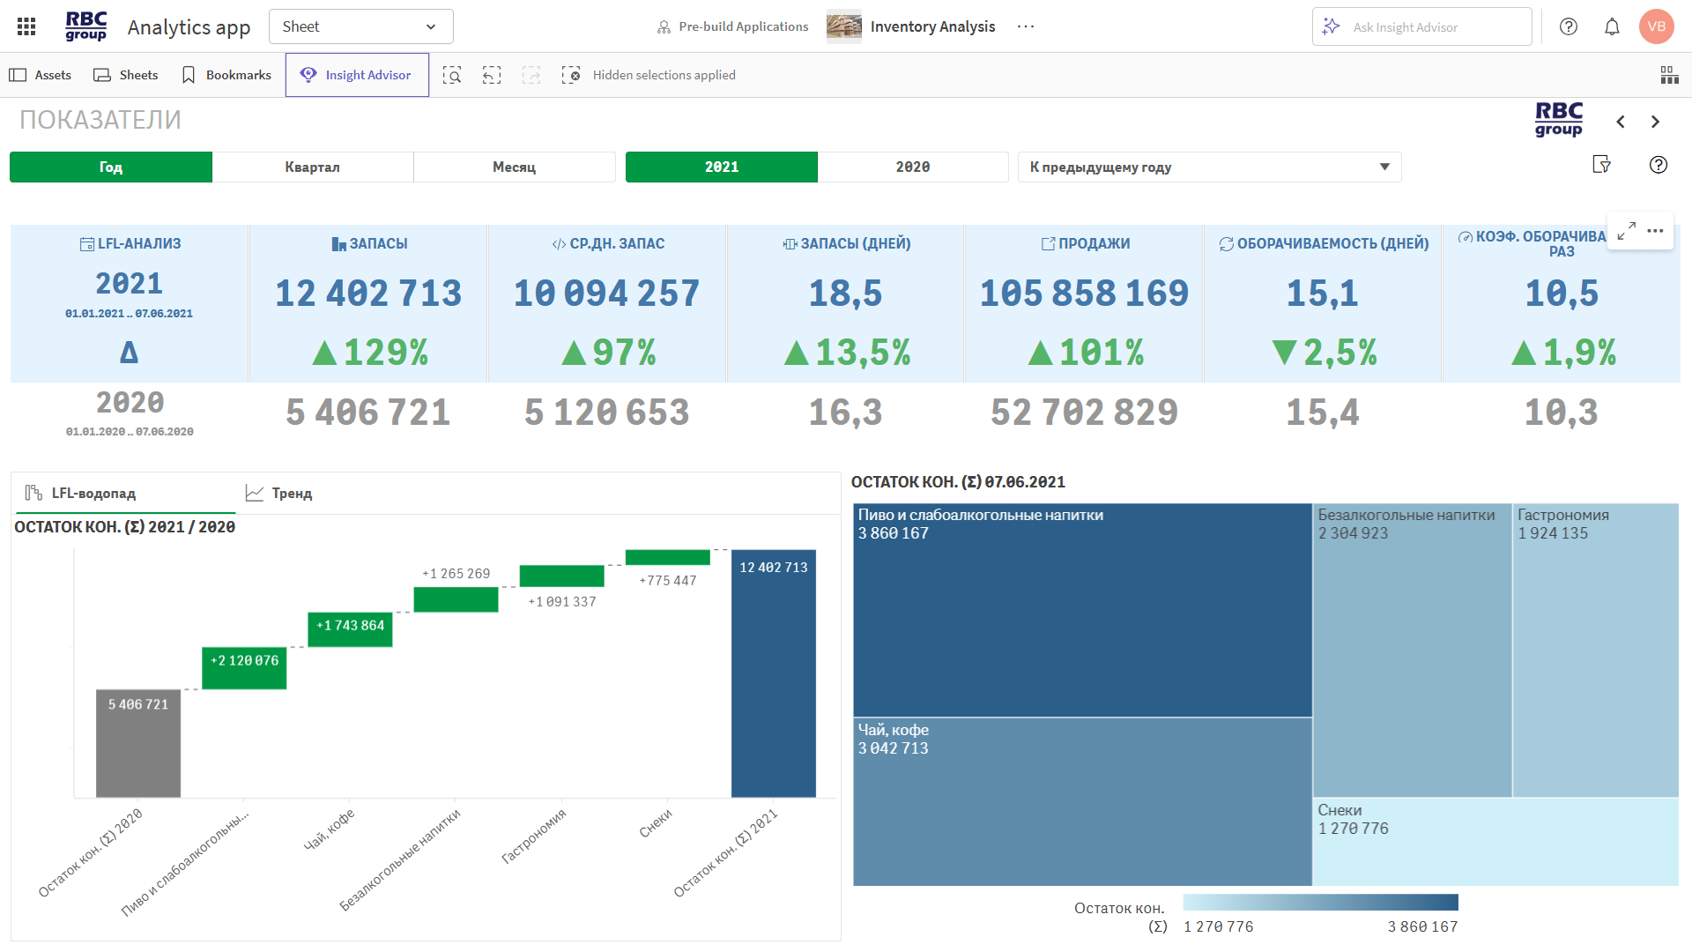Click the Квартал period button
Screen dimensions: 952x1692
point(312,167)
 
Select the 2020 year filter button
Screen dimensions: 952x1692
point(912,167)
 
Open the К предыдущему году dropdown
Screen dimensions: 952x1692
point(1208,167)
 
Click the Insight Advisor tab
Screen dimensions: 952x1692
point(357,75)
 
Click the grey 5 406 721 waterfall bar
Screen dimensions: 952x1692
point(138,745)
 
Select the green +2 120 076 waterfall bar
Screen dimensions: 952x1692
point(244,668)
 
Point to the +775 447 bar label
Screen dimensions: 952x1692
point(667,580)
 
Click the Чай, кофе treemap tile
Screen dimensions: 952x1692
point(1081,801)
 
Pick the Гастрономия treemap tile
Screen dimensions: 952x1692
point(1595,651)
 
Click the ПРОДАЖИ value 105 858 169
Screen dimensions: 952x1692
point(1084,294)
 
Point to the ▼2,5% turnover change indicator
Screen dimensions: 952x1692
point(1324,353)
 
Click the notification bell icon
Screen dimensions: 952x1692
point(1612,26)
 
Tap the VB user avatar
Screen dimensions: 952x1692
point(1656,26)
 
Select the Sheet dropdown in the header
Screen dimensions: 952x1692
point(360,26)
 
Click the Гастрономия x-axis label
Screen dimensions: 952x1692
point(534,836)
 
